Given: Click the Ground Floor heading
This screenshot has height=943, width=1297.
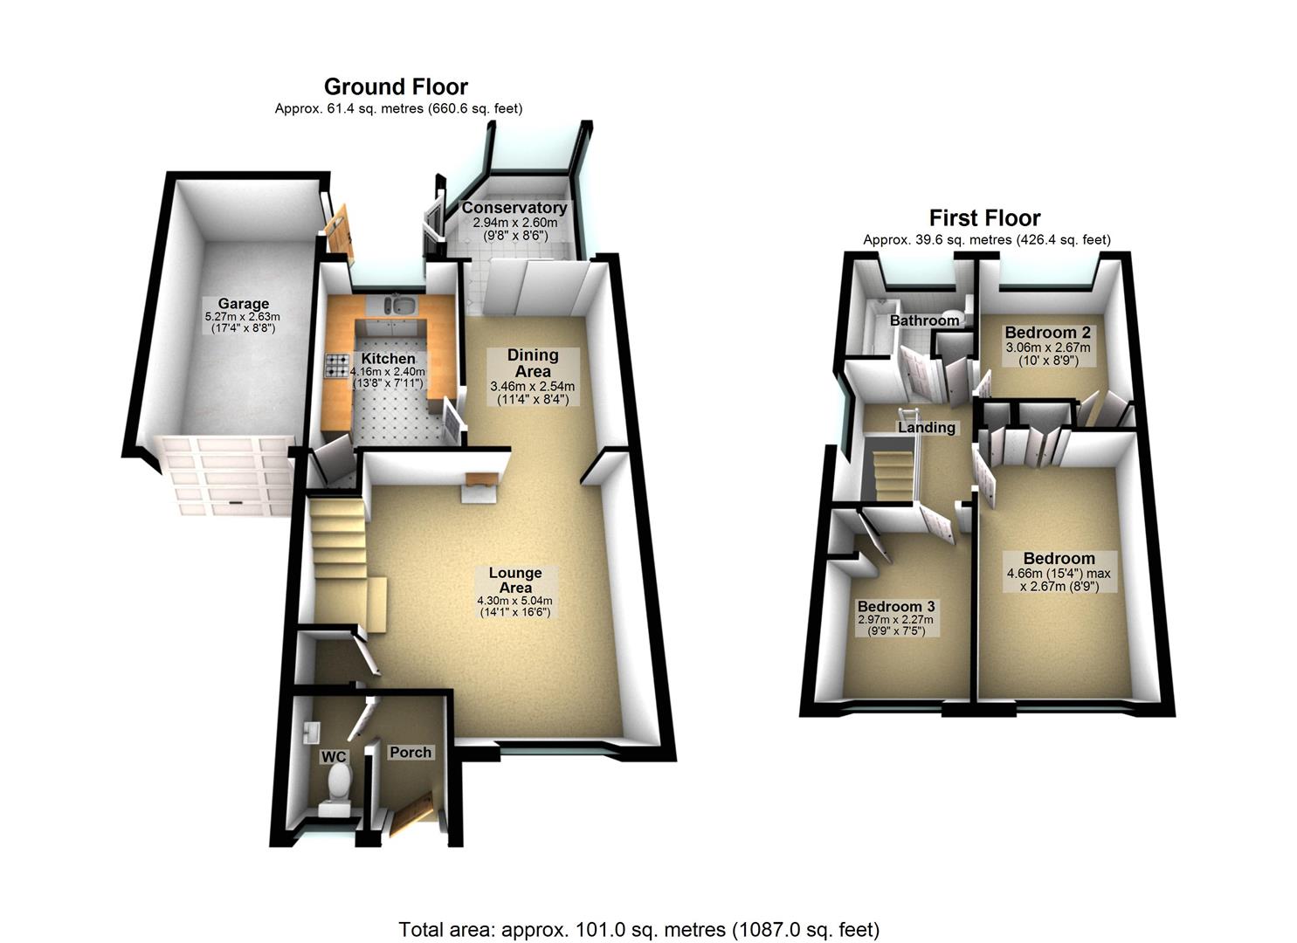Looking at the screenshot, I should coord(396,86).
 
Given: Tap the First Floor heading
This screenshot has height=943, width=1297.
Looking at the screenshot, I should coord(984,217).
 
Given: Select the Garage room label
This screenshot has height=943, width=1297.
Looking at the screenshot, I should coord(244,304).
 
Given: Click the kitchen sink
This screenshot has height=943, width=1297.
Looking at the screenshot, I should coord(401,306).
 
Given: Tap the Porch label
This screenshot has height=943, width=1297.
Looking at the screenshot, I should coord(410,752).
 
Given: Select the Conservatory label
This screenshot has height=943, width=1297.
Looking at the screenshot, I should coord(514,208).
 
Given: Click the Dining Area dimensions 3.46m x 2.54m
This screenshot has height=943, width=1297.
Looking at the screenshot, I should coord(532,386).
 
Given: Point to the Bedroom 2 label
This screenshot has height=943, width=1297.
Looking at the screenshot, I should coord(1047,333).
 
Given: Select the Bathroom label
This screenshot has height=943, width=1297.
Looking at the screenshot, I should coord(924,320).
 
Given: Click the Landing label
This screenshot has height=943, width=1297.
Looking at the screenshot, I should coord(926,427).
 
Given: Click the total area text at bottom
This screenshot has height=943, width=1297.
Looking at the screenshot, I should coord(638,929).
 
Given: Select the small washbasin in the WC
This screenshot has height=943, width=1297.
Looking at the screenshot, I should coord(314,728).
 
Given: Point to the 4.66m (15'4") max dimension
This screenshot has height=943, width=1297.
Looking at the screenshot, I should coord(1059,574).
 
